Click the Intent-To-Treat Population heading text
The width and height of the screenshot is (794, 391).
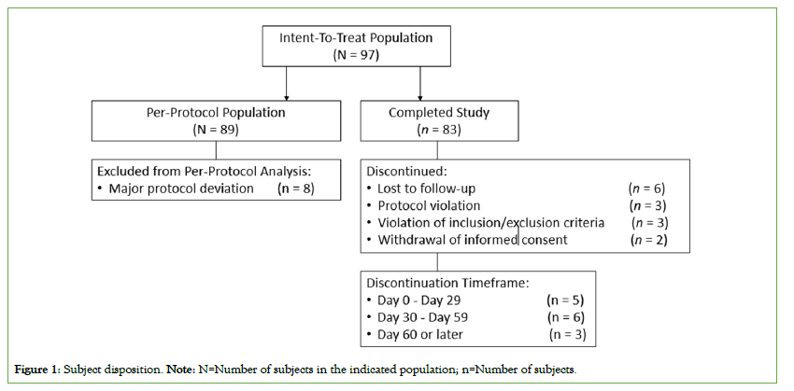coord(356,38)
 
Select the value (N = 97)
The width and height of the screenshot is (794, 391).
coord(356,55)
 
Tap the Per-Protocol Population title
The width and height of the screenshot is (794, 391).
coord(216,112)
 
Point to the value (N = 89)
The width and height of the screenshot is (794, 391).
coord(216,129)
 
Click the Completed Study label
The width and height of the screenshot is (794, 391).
coord(439,112)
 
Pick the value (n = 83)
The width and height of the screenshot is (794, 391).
coord(439,129)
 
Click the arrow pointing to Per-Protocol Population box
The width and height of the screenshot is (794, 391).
coord(286,83)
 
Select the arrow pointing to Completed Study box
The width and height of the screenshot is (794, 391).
coord(420,83)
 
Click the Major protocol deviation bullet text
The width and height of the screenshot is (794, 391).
coord(181,189)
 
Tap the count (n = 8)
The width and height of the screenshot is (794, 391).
coord(296,189)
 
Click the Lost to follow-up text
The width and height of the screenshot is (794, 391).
coord(426,189)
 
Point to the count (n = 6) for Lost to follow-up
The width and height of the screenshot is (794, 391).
coord(646,189)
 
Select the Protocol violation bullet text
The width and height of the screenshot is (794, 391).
coord(429,206)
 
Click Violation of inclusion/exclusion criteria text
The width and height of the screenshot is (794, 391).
coord(491,222)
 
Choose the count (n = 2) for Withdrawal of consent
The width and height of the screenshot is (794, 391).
coord(649,239)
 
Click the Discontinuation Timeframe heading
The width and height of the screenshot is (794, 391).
coord(447,284)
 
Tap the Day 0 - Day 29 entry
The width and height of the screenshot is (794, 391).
coord(419,300)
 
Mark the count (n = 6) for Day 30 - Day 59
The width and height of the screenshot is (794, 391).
coord(566,317)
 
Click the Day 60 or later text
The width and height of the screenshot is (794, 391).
coord(420,334)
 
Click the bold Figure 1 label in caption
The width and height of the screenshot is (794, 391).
coord(37,370)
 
